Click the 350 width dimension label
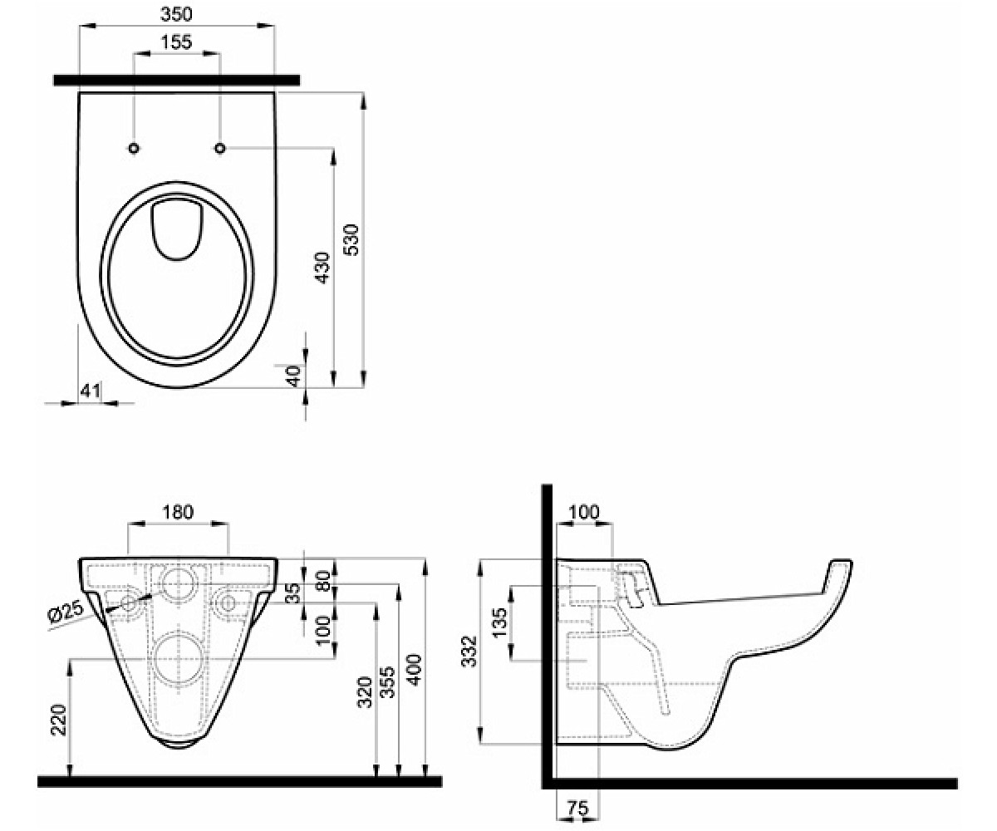(x=176, y=14)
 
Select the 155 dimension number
(x=175, y=42)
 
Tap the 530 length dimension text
(x=351, y=240)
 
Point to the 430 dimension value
(x=323, y=268)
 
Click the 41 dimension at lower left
(x=91, y=391)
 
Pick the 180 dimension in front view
(x=178, y=512)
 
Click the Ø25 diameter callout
(x=66, y=612)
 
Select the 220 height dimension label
(x=59, y=720)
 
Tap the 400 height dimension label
(x=415, y=670)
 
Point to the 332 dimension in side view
(x=470, y=652)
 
